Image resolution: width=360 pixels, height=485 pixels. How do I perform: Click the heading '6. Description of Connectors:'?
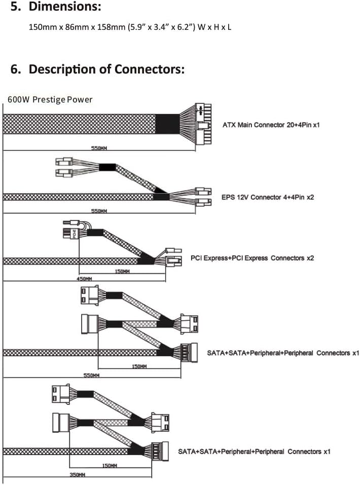click(97, 69)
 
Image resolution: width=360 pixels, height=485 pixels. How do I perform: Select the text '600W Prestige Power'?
click(50, 99)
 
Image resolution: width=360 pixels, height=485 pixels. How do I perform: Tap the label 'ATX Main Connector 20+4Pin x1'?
click(271, 124)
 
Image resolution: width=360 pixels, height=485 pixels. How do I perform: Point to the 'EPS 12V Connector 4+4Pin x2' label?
click(268, 197)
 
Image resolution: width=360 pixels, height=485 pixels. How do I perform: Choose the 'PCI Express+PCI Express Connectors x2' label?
click(252, 258)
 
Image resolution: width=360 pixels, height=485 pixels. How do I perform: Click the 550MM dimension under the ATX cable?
click(98, 148)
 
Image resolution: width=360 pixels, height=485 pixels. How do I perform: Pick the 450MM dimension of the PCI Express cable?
click(84, 279)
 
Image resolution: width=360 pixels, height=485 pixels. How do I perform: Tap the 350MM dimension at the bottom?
click(77, 474)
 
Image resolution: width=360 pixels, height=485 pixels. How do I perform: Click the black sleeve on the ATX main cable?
click(166, 124)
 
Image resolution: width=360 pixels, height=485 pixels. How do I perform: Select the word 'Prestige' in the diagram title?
click(50, 99)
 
